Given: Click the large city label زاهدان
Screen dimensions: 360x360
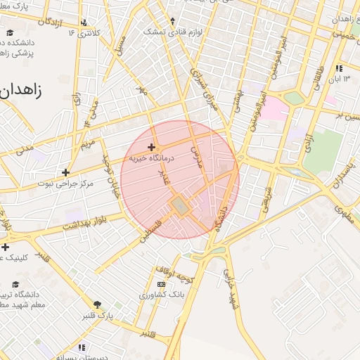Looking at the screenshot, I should (21, 90).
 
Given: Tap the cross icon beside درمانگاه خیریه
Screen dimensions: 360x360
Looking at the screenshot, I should (151, 147).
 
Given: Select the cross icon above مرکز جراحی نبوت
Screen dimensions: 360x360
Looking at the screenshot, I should (65, 172).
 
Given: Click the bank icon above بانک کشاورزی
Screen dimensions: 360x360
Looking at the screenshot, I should (161, 285).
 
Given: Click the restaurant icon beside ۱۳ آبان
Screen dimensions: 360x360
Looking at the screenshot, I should (339, 68).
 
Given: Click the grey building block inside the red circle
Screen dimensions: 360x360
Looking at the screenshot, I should (179, 205).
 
